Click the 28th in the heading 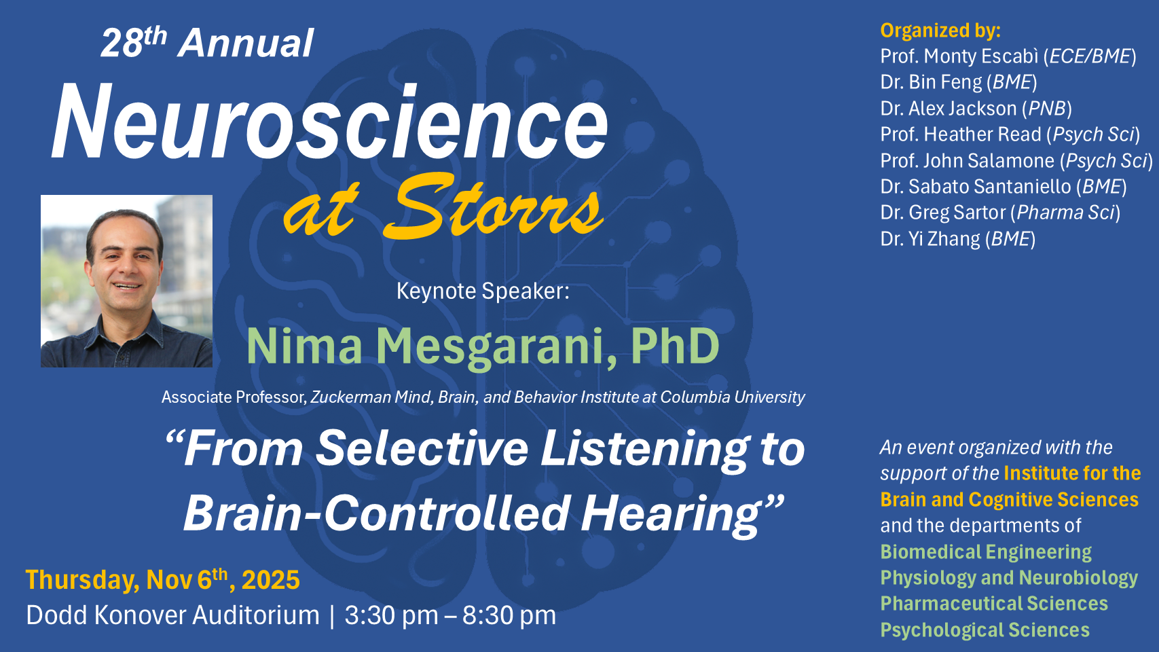point(134,42)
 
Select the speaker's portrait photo point(127,281)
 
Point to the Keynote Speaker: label point(483,291)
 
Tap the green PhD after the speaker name point(675,346)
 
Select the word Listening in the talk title point(644,450)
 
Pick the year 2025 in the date point(271,579)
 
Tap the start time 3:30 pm point(391,615)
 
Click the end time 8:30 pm point(509,615)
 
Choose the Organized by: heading point(940,31)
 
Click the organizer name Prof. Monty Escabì point(959,56)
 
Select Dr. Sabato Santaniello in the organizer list point(975,186)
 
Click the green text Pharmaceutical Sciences point(994,603)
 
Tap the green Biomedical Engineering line point(986,552)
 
